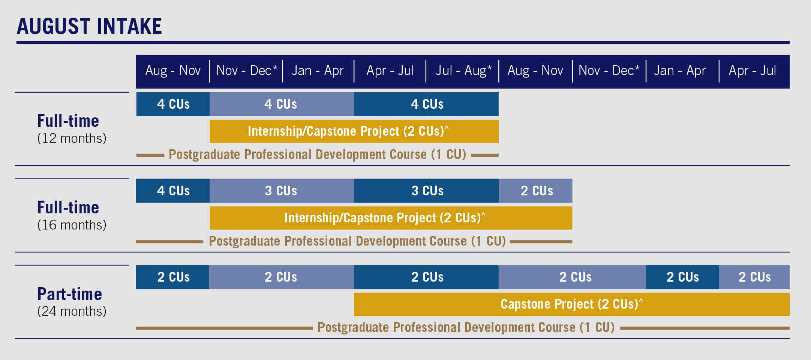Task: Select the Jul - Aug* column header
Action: coord(463,70)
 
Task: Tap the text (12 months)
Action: coord(72,138)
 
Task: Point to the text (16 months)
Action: coord(72,225)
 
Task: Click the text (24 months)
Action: coord(72,311)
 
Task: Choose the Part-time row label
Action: coord(70,294)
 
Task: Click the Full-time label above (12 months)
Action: coord(68,121)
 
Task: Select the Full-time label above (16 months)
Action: coord(68,207)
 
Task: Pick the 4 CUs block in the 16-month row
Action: coord(173,191)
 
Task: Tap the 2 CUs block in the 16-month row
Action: coord(535,191)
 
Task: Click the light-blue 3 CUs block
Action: coord(282,191)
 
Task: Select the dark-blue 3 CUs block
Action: coord(426,191)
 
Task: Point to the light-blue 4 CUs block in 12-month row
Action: coord(282,104)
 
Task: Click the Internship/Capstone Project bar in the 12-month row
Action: coord(354,131)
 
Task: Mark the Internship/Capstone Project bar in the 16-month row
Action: coord(391,218)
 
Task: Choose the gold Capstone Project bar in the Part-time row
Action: coord(572,304)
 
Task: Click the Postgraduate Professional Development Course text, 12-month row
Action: coord(317,154)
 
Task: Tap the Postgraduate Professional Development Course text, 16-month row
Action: coord(357,241)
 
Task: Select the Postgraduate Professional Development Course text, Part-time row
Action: coord(466,327)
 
